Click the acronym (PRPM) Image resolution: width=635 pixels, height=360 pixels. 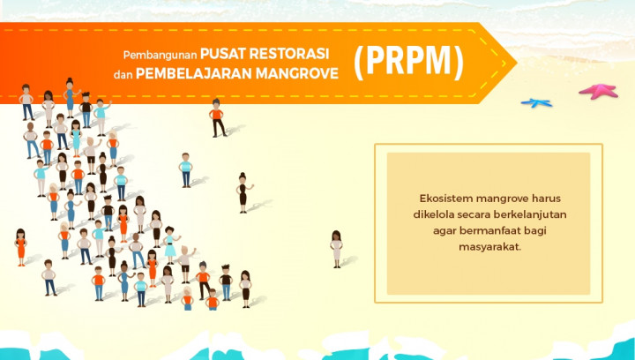(x=408, y=63)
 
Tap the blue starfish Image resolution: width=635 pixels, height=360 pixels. (x=535, y=103)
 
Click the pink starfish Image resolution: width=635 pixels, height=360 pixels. (x=598, y=90)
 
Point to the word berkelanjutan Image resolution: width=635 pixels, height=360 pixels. (x=525, y=214)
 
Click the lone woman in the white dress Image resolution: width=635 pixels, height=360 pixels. (x=336, y=248)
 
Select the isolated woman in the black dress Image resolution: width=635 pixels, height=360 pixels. (x=241, y=191)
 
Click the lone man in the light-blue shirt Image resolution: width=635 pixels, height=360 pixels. (x=186, y=169)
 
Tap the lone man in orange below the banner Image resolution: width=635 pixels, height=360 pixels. (x=216, y=117)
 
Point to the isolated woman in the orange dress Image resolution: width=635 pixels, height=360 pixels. (x=20, y=246)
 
